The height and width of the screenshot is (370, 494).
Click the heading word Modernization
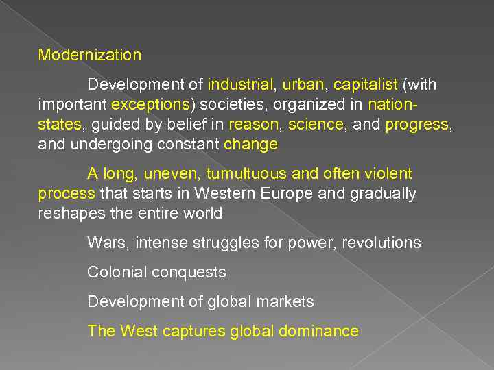click(89, 55)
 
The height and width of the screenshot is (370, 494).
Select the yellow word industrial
click(240, 86)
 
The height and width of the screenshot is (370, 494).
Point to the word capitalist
click(366, 86)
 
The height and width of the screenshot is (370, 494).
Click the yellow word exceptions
click(150, 106)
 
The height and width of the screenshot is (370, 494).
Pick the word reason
click(254, 125)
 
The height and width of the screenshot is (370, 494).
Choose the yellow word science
click(316, 125)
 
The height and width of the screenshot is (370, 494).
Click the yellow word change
click(250, 145)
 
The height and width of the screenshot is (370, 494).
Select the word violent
click(388, 174)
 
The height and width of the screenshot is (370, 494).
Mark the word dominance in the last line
click(318, 332)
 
